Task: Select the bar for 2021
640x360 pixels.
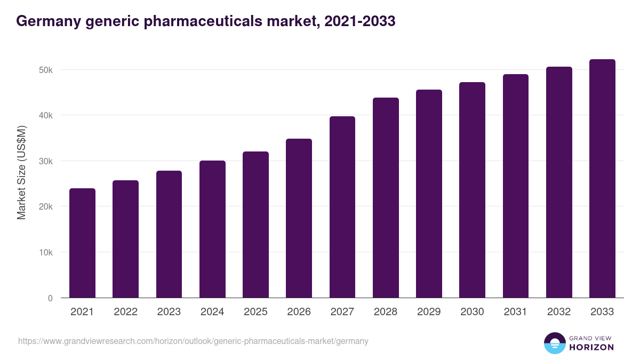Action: (x=82, y=243)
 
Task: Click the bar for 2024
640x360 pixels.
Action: (x=212, y=229)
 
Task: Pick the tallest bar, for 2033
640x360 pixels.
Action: (x=602, y=179)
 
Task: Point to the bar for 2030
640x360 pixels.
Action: (x=472, y=190)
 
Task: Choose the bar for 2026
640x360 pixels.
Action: (x=299, y=218)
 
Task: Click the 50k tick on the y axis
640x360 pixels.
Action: (x=45, y=70)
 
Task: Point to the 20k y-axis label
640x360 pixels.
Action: (x=45, y=207)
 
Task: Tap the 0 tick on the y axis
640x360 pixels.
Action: (x=50, y=298)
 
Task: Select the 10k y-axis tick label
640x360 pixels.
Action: (x=45, y=252)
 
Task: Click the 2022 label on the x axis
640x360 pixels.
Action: (x=125, y=312)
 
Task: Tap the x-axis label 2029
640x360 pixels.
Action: (x=429, y=312)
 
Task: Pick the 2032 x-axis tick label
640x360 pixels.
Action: (x=559, y=312)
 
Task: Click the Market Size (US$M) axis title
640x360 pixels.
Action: (x=21, y=172)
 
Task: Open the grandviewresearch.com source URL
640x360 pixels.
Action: (x=193, y=341)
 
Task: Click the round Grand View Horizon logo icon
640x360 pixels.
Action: (x=554, y=343)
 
